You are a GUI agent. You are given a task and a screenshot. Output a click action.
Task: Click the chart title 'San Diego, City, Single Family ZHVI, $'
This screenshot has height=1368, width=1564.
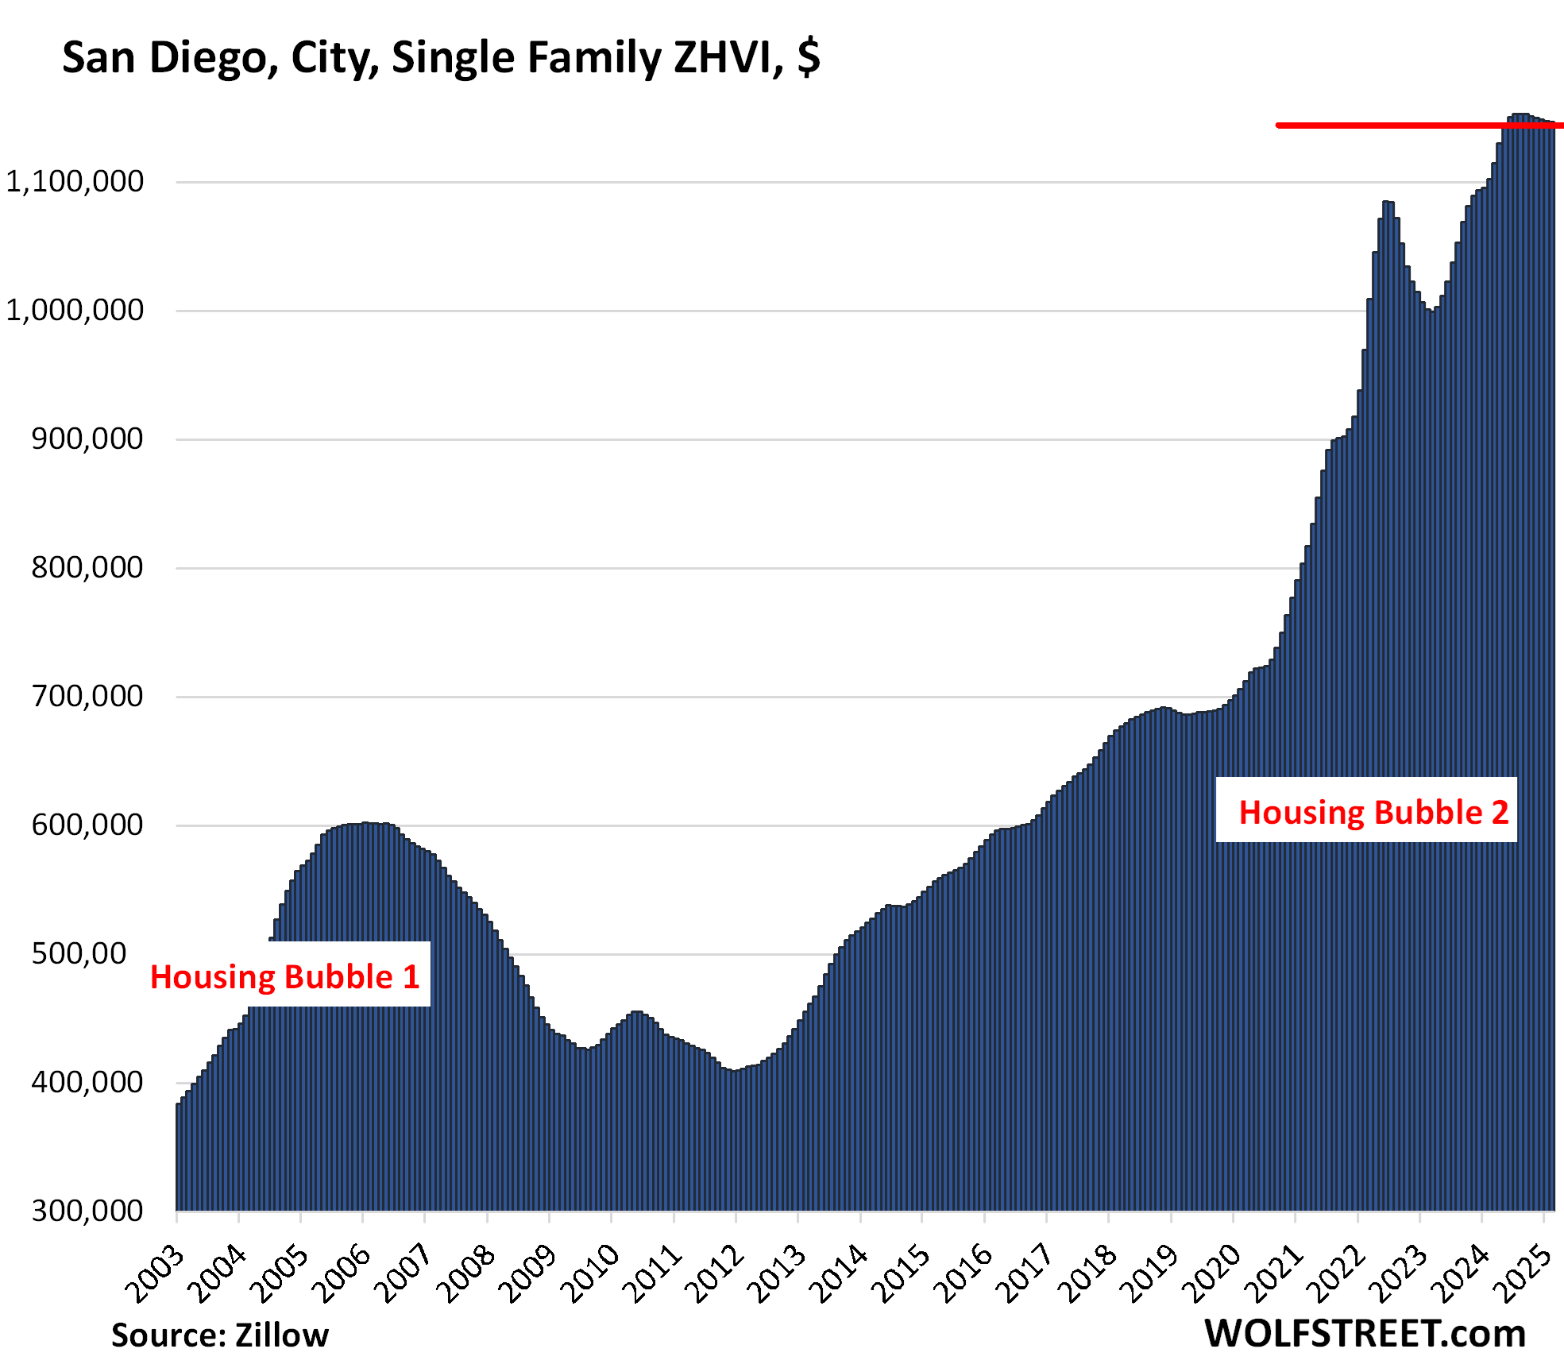tap(441, 58)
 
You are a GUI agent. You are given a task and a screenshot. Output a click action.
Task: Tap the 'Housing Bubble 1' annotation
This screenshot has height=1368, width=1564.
tap(285, 977)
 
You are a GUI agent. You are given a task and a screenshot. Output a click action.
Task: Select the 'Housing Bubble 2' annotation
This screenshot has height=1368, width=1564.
tap(1373, 813)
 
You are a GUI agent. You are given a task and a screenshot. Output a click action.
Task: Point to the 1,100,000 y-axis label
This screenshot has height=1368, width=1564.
tap(75, 182)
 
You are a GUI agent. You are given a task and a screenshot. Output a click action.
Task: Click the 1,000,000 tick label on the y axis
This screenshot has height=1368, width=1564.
tap(75, 311)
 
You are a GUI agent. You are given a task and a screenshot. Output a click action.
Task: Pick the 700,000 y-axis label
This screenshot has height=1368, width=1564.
tap(87, 697)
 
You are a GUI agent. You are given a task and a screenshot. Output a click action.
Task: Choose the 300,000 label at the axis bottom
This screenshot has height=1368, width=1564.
tap(87, 1211)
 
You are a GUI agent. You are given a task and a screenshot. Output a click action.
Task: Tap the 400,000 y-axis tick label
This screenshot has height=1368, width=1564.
tap(87, 1083)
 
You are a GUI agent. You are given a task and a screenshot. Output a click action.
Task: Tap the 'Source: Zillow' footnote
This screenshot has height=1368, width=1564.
tap(220, 1335)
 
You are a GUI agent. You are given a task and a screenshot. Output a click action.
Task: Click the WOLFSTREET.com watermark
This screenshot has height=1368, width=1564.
tap(1365, 1334)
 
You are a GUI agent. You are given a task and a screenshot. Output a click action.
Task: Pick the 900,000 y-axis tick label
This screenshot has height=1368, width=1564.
tap(87, 439)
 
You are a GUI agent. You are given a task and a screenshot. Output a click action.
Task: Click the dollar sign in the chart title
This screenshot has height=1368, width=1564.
tap(809, 58)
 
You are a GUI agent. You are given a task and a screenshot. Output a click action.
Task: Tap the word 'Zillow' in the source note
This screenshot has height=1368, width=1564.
tap(282, 1335)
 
